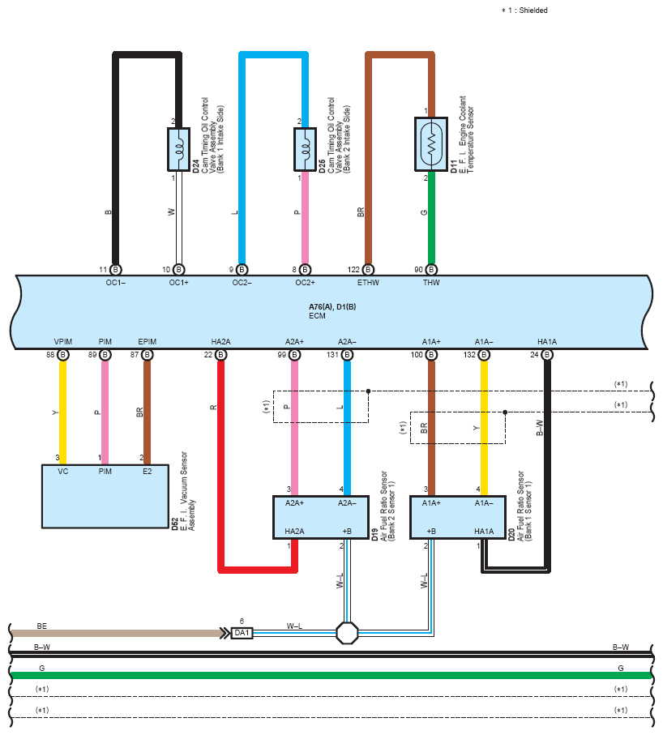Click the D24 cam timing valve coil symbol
click(178, 149)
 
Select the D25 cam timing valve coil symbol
click(305, 149)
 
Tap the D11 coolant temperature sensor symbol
click(431, 144)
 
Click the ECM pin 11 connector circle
click(115, 270)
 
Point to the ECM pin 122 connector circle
click(368, 270)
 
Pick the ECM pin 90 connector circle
click(431, 270)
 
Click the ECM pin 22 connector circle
click(220, 355)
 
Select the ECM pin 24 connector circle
click(547, 355)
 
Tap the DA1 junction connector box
click(242, 633)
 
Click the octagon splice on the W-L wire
click(348, 633)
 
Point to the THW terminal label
click(431, 283)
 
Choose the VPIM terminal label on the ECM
click(63, 342)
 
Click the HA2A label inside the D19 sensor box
click(294, 531)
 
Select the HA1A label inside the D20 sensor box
click(484, 531)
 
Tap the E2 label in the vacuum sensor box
click(148, 471)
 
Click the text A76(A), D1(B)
click(332, 306)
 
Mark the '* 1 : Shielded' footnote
click(524, 11)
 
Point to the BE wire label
click(41, 626)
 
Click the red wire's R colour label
click(213, 408)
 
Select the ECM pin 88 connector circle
click(63, 355)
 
